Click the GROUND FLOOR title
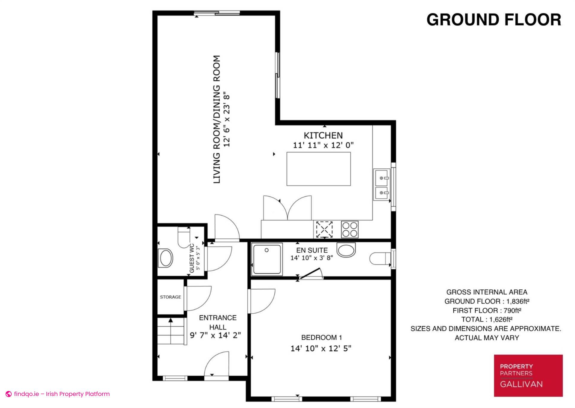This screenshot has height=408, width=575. (x=494, y=20)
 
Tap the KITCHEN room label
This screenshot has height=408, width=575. (x=323, y=135)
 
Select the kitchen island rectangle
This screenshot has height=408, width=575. (x=319, y=169)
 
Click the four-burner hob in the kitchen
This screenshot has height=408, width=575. (x=350, y=229)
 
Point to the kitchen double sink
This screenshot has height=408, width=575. (x=382, y=185)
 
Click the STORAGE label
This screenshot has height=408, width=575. (x=170, y=297)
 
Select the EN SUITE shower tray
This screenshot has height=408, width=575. (x=267, y=259)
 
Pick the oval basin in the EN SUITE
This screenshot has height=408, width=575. (x=346, y=250)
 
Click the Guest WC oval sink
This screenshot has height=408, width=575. (x=166, y=258)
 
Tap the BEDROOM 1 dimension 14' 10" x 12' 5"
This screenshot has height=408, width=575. (x=321, y=348)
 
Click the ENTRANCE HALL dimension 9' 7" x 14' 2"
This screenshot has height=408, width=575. (x=216, y=335)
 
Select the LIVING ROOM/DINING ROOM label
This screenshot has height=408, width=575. (x=217, y=119)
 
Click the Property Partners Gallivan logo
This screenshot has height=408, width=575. (x=528, y=376)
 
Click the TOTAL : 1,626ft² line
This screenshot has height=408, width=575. (x=487, y=320)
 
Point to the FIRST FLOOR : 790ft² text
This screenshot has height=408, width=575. (x=487, y=310)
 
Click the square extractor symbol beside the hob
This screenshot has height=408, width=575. (x=324, y=229)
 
